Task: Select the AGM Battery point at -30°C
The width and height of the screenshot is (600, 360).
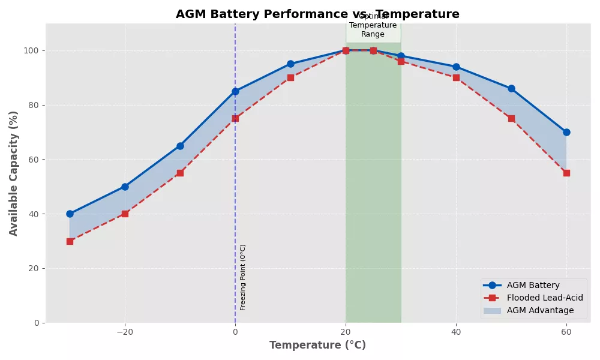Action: tap(70, 214)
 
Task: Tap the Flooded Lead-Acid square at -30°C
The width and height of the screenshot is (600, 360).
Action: tap(70, 241)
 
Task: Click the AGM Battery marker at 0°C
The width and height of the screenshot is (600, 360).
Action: tap(235, 91)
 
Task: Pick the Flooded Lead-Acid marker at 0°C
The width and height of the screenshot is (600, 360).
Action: tap(235, 118)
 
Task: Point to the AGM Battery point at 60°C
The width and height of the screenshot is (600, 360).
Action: tap(566, 132)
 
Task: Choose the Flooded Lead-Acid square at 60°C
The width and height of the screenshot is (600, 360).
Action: tap(566, 173)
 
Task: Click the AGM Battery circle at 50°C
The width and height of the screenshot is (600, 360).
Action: tap(511, 88)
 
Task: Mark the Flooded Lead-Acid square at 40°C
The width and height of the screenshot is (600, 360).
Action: tap(456, 77)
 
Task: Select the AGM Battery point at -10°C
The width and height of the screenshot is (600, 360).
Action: tap(180, 146)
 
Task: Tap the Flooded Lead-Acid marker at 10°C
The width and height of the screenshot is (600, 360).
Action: tap(290, 77)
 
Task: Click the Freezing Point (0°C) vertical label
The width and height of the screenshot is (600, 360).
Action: tap(243, 277)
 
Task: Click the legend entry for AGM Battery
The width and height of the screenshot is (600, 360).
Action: tap(533, 286)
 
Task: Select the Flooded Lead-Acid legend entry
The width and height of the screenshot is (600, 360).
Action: tap(544, 298)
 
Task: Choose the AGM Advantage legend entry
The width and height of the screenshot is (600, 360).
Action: tap(540, 311)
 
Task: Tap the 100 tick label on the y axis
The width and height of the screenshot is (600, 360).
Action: tap(32, 50)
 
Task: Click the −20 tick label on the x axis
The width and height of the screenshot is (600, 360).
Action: tap(125, 332)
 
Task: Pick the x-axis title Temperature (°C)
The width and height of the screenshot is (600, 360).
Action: tap(317, 346)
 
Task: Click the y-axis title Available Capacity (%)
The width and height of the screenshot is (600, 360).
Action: tap(14, 173)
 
